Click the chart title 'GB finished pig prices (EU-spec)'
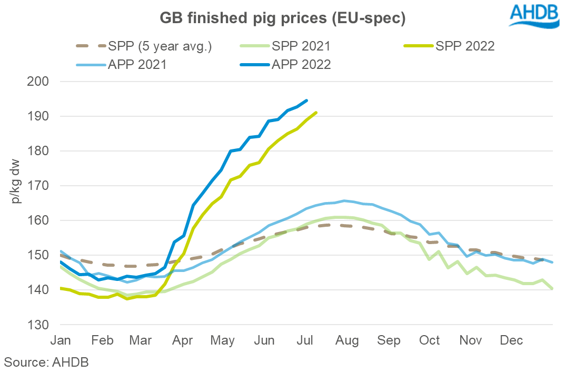283,18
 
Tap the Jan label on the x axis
61,341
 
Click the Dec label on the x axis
511,341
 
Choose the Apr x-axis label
183,341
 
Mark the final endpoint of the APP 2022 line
307,100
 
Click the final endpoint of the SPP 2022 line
316,112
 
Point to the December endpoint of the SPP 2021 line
552,288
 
